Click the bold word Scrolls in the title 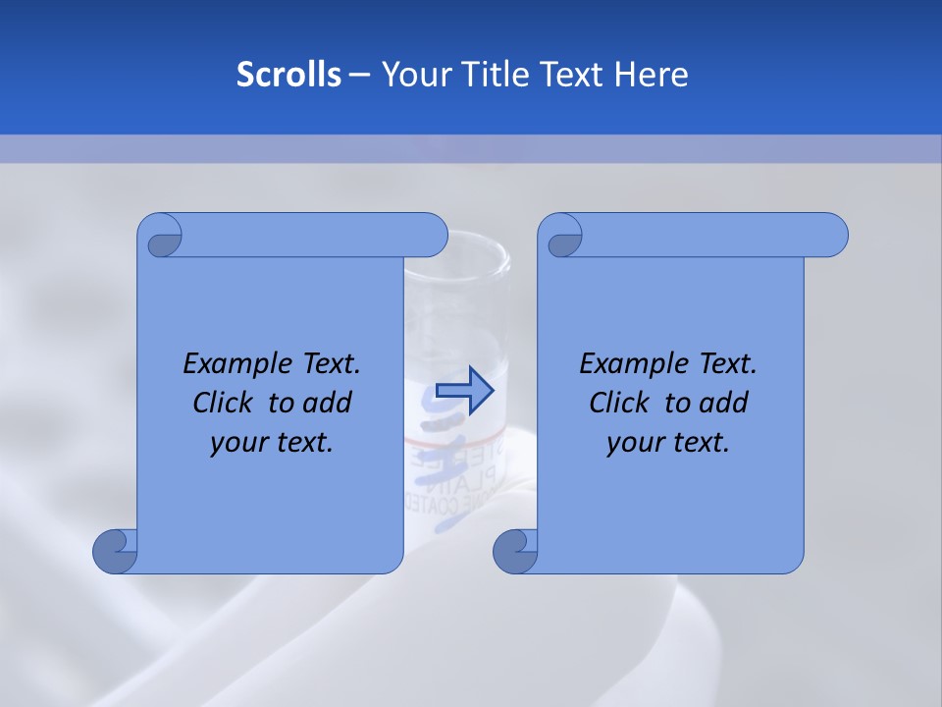coord(288,75)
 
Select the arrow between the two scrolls coord(464,391)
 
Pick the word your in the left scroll coord(237,443)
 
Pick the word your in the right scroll coord(634,443)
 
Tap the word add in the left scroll coord(328,403)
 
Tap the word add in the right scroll coord(724,403)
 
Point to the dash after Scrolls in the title coord(359,75)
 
